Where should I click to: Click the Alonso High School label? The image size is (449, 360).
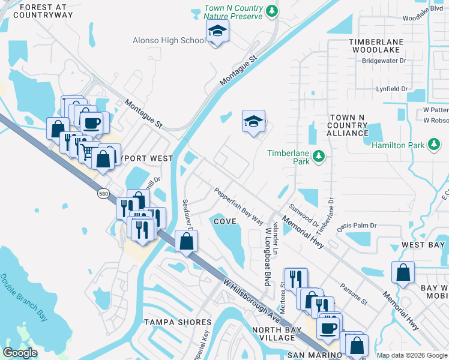(x=169, y=41)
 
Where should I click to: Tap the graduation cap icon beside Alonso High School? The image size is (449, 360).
(x=217, y=32)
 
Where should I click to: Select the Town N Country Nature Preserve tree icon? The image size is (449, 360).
(x=272, y=11)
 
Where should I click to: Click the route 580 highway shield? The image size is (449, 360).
(x=104, y=194)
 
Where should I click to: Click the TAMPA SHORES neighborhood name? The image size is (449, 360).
(x=178, y=322)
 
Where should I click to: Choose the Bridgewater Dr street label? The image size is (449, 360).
(x=384, y=61)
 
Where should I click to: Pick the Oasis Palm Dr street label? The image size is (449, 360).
(x=356, y=226)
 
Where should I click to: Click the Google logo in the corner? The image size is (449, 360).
(x=20, y=353)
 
